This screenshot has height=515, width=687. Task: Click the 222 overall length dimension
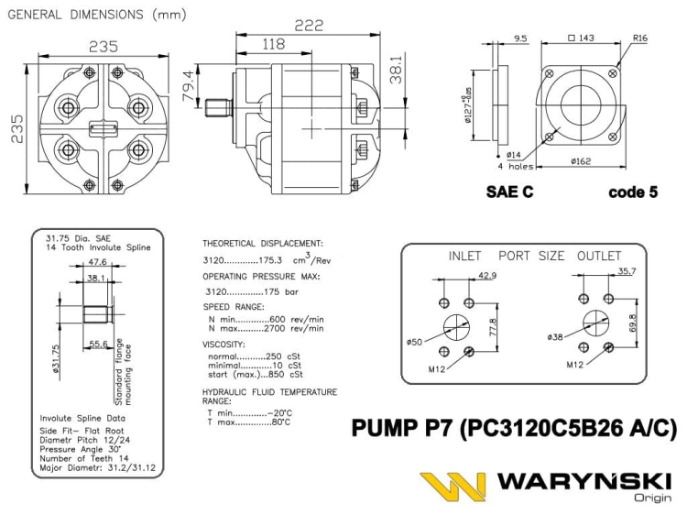(x=308, y=26)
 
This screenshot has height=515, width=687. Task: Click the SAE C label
(x=510, y=193)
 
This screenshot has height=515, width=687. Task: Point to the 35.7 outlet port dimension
(x=627, y=272)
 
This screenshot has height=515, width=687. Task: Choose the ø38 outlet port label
(x=554, y=337)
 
